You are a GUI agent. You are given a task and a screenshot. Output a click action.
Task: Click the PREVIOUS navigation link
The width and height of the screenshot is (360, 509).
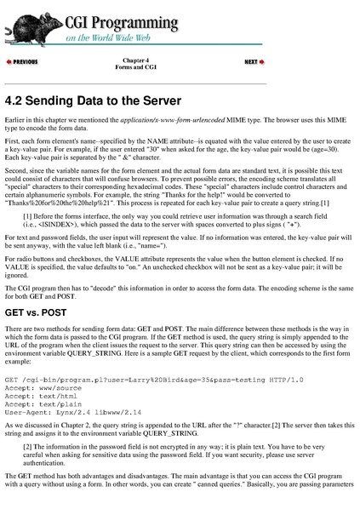click(x=23, y=63)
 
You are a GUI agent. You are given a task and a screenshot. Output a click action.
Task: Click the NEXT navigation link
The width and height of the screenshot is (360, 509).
click(x=254, y=63)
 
